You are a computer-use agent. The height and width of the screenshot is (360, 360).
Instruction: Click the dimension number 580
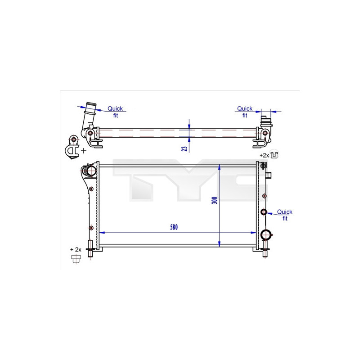point(174,227)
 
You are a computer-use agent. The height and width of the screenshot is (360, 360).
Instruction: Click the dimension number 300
point(215,200)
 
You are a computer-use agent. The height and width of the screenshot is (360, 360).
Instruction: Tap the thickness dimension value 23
point(184,148)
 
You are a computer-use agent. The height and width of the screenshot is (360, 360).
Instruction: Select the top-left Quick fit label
point(115,112)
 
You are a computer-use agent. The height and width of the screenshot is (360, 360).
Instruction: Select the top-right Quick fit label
point(244,112)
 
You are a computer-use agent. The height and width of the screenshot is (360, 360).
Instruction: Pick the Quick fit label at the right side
point(285,215)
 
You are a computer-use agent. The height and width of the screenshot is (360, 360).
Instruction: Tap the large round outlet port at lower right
point(265,234)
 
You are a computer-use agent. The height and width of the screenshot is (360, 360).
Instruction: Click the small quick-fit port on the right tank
point(264,212)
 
